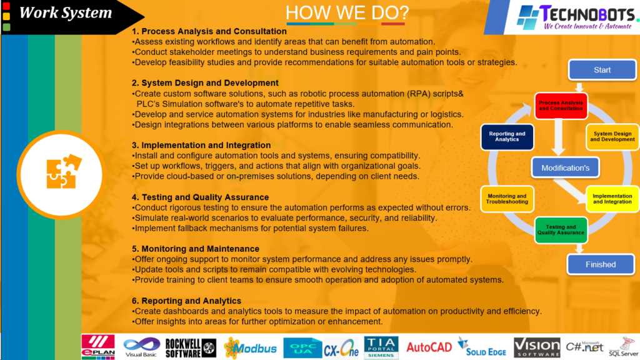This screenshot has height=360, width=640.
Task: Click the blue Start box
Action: pyautogui.click(x=602, y=70)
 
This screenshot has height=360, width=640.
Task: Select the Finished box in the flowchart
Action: pyautogui.click(x=601, y=264)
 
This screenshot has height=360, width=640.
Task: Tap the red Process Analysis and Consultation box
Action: pyautogui.click(x=561, y=106)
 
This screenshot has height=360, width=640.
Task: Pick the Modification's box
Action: pyautogui.click(x=565, y=167)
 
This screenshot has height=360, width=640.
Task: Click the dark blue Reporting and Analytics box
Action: pyautogui.click(x=507, y=137)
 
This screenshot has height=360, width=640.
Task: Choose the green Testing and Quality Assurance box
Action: pyautogui.click(x=561, y=230)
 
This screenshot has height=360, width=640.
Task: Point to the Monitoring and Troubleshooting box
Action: pyautogui.click(x=507, y=199)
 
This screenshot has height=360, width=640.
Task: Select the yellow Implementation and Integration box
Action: pyautogui.click(x=612, y=199)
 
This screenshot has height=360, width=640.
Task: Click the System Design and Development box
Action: pyautogui.click(x=612, y=137)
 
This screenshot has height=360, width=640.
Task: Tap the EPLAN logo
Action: pyautogui.click(x=98, y=347)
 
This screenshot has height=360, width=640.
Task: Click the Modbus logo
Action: pyautogui.click(x=250, y=348)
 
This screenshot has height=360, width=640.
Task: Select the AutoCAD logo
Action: pyautogui.click(x=429, y=347)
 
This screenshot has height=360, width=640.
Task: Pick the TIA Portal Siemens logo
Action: pyautogui.click(x=381, y=347)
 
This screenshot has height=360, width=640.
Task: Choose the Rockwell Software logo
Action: pyautogui.click(x=191, y=348)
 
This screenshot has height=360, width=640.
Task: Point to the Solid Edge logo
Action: pyautogui.click(x=482, y=347)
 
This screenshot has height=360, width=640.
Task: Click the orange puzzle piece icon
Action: pyautogui.click(x=63, y=171)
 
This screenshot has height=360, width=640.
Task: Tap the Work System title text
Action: pyautogui.click(x=65, y=12)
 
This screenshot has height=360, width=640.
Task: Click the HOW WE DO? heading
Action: pyautogui.click(x=347, y=12)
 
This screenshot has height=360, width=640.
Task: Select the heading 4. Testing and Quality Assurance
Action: pyautogui.click(x=200, y=197)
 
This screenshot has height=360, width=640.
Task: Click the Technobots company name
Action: pyautogui.click(x=587, y=14)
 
